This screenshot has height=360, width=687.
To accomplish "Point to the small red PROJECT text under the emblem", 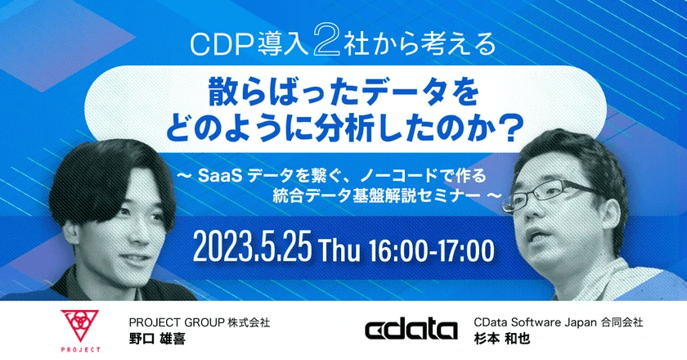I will tap(79, 349).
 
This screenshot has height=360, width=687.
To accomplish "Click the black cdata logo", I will tap(411, 330).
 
